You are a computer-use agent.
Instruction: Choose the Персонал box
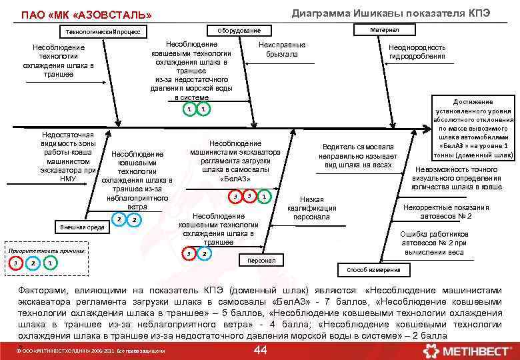261,261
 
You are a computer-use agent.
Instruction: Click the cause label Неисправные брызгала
281,49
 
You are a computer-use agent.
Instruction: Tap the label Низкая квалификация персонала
312,208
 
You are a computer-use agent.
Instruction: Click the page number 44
261,351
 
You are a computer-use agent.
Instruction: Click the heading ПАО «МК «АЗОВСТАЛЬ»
87,15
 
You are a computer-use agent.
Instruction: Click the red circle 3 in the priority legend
15,263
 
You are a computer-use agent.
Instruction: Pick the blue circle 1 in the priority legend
50,263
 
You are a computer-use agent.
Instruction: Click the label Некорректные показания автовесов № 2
445,212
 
